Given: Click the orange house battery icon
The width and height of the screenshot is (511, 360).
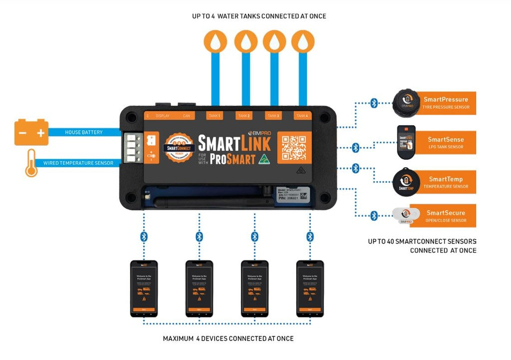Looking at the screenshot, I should [31, 132].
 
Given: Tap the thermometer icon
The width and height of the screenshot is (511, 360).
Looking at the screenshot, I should [31, 163].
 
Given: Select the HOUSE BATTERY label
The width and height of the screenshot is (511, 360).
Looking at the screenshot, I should [84, 132].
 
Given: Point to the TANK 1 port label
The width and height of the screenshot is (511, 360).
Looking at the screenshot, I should [215, 116].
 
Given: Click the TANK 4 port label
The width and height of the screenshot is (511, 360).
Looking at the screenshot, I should [301, 116].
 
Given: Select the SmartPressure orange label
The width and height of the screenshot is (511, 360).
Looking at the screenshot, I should [446, 103].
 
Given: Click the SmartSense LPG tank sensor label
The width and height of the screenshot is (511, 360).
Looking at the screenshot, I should [446, 143].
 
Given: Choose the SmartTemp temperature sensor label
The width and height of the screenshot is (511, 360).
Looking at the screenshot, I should [446, 182].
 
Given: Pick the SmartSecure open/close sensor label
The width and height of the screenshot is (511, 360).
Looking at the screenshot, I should [446, 216].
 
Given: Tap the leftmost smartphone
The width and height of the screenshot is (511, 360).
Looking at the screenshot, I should [144, 288].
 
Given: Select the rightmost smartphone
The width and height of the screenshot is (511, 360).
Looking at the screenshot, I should [310, 288].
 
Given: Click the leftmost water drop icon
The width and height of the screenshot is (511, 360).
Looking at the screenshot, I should [215, 42].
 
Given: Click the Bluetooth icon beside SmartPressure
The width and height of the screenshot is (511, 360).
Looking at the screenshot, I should [374, 103].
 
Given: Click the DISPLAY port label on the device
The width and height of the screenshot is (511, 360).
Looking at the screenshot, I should [163, 116].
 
